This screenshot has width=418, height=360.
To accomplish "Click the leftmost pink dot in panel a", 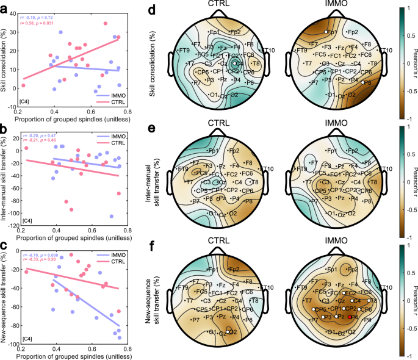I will coord(23,85).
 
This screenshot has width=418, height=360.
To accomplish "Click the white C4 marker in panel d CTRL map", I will coord(235,63).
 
